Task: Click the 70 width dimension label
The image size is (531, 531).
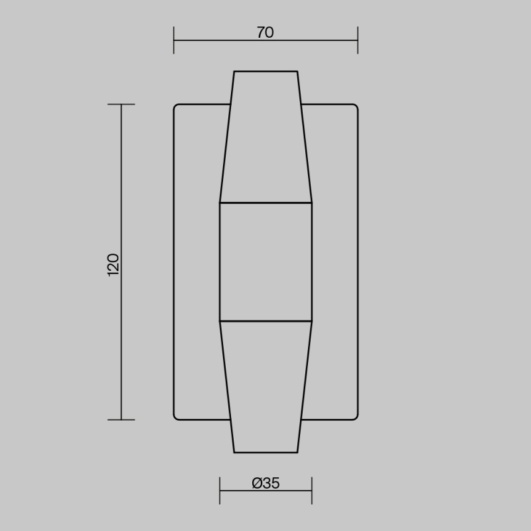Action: coord(265,33)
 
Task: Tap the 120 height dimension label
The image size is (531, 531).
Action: coord(113,265)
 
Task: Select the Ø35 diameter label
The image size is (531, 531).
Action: coord(266,483)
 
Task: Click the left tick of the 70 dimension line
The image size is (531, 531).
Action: coord(174,40)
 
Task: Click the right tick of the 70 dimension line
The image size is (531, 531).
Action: coord(358,40)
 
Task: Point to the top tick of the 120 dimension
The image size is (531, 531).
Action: coord(121,104)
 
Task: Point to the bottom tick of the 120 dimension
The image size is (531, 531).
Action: coord(121,420)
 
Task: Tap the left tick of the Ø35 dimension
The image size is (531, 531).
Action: coord(220,491)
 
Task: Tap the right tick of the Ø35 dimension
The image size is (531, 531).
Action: coord(312,491)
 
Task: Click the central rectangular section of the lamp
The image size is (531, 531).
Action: coord(266,262)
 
